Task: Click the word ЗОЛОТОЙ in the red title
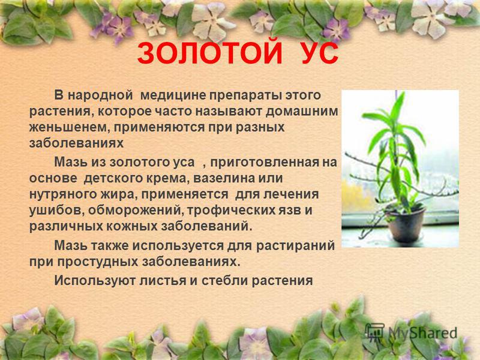pyautogui.click(x=209, y=53)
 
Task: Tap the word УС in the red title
pyautogui.click(x=320, y=53)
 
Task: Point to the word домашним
pyautogui.click(x=302, y=111)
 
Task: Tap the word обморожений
pyautogui.click(x=134, y=211)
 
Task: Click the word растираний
pyautogui.click(x=295, y=246)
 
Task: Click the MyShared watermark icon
pyautogui.click(x=375, y=331)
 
